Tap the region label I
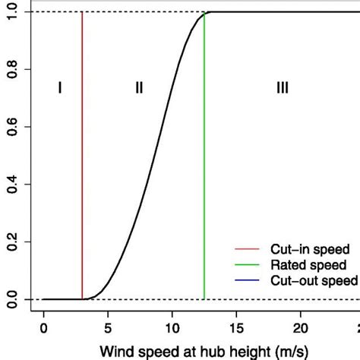point(60,88)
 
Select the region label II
point(139,88)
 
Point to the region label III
point(282,88)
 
